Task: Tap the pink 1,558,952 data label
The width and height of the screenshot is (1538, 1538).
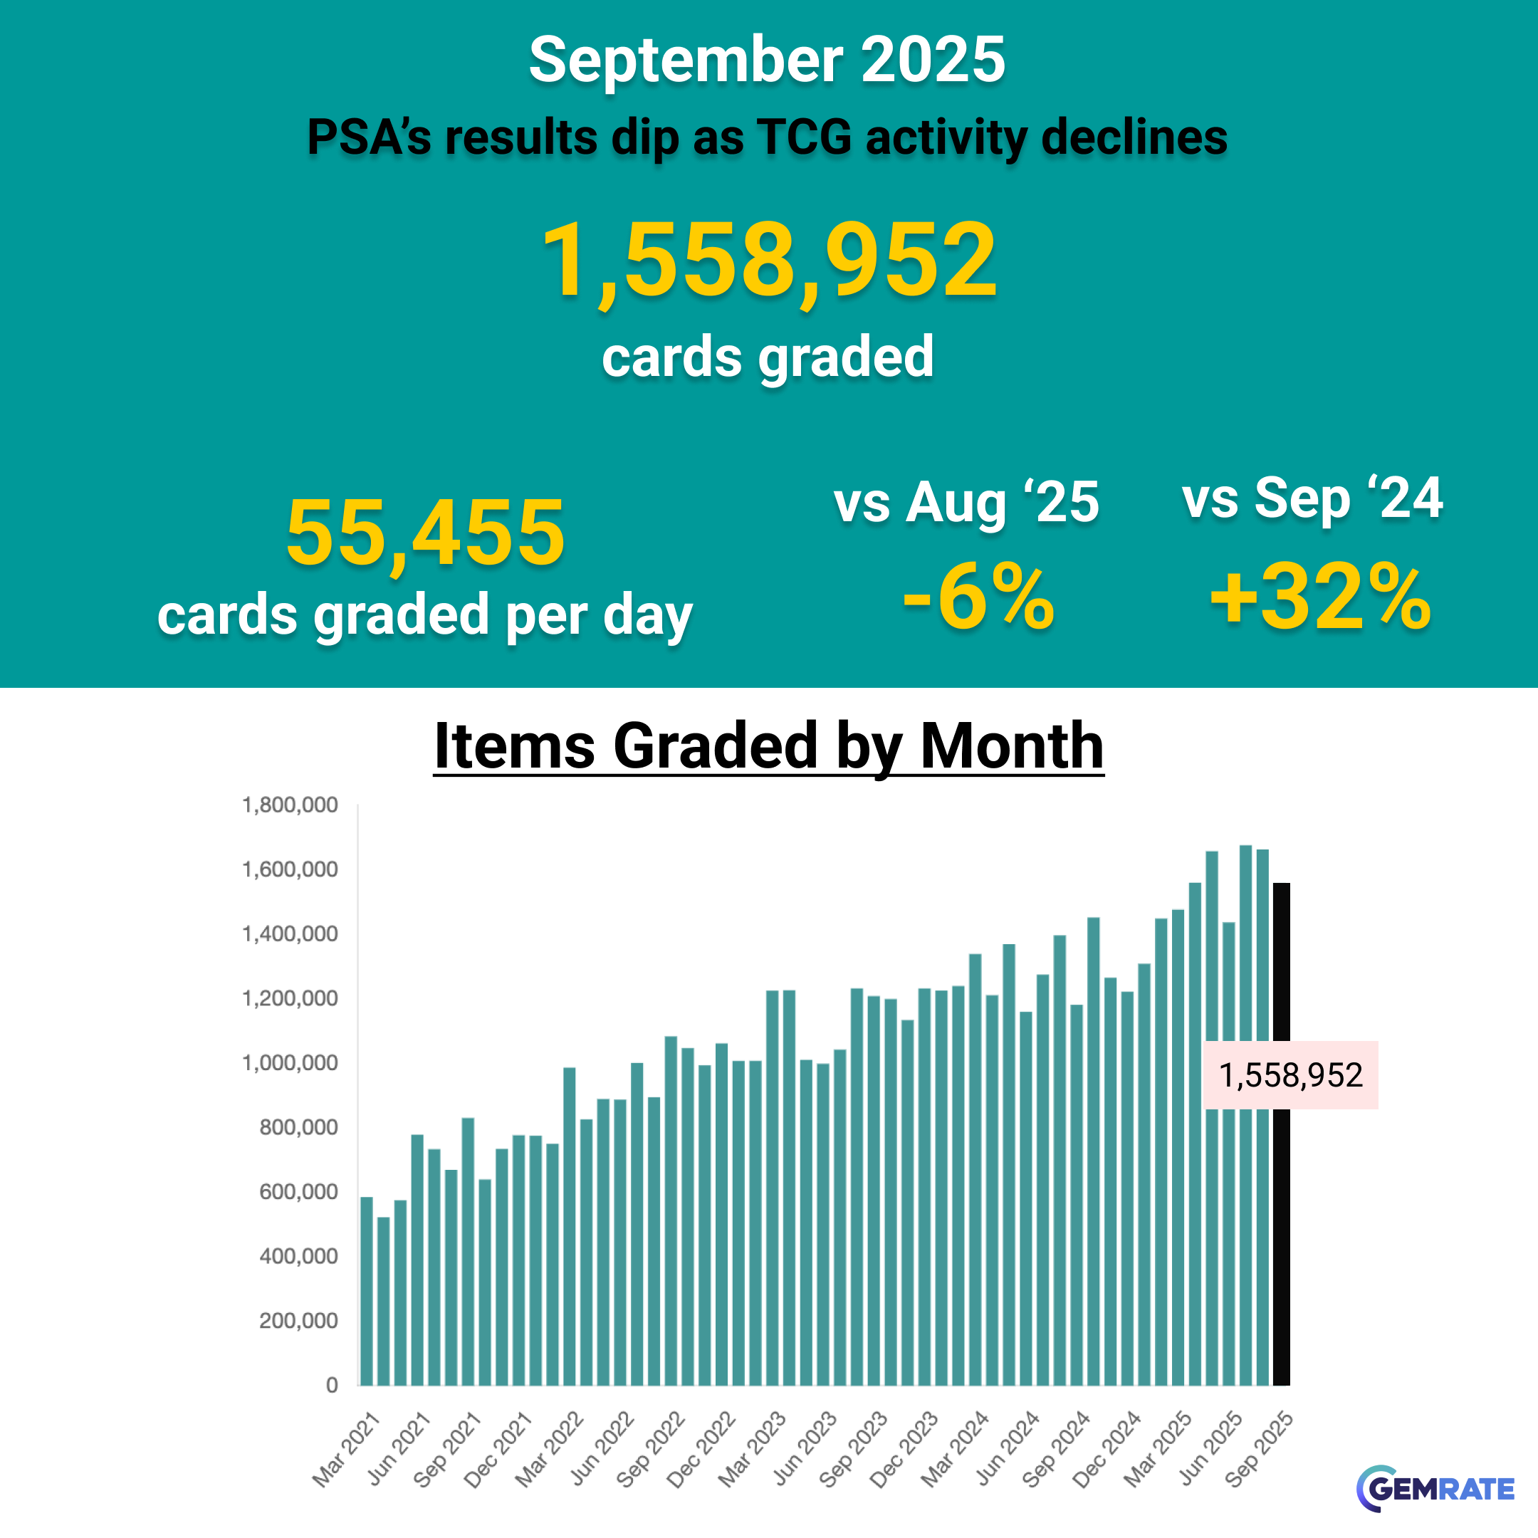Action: [1290, 1074]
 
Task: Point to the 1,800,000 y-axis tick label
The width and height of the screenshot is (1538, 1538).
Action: [290, 805]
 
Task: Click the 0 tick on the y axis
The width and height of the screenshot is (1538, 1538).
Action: [332, 1385]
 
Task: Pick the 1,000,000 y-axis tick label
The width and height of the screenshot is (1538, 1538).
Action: [290, 1063]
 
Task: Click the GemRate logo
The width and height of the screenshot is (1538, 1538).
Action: [1435, 1488]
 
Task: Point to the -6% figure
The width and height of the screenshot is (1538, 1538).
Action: [978, 597]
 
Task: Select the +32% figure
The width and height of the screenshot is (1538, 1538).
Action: [1320, 597]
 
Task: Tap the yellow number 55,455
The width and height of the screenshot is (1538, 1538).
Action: [426, 532]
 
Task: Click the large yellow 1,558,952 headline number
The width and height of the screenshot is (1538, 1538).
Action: [769, 261]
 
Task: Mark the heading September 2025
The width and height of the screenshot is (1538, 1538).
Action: [768, 60]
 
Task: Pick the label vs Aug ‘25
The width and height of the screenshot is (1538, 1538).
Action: [966, 501]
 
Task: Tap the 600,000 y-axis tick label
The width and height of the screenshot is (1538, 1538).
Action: [298, 1192]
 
